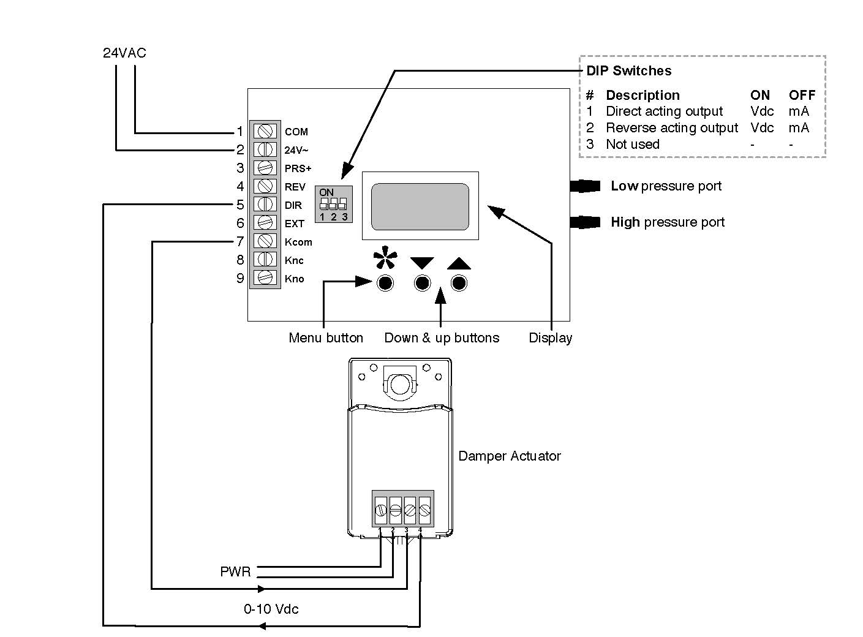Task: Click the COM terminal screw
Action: pyautogui.click(x=265, y=130)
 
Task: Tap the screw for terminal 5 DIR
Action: pyautogui.click(x=265, y=205)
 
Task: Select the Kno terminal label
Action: pyautogui.click(x=294, y=279)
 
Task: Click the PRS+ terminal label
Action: pyautogui.click(x=298, y=168)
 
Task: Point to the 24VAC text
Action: pyautogui.click(x=124, y=53)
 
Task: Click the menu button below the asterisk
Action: pyautogui.click(x=385, y=283)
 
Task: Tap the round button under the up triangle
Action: pyautogui.click(x=459, y=283)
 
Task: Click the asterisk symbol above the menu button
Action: pyautogui.click(x=385, y=257)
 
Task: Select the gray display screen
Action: pyautogui.click(x=420, y=206)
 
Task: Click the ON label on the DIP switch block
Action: pyautogui.click(x=326, y=192)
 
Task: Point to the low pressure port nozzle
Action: pyautogui.click(x=585, y=186)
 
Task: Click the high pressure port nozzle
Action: pyautogui.click(x=585, y=222)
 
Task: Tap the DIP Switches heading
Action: pyautogui.click(x=629, y=70)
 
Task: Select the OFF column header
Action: pyautogui.click(x=802, y=95)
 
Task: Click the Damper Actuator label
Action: pyautogui.click(x=510, y=456)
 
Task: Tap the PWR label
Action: pyautogui.click(x=235, y=571)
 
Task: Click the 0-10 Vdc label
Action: pyautogui.click(x=271, y=609)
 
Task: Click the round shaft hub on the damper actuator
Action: pyautogui.click(x=400, y=385)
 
